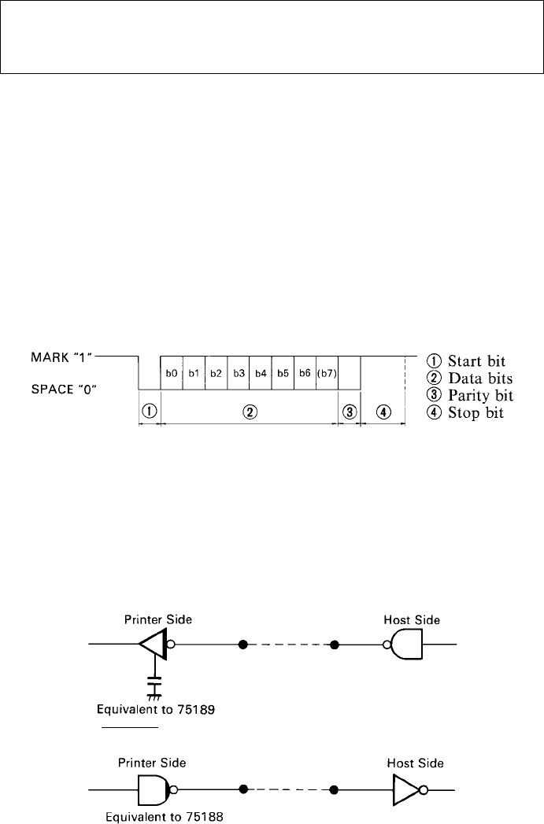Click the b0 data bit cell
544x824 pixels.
[x=172, y=373]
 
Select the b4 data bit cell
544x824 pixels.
[x=261, y=373]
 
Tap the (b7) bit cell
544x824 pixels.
[x=327, y=373]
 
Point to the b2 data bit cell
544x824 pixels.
[x=216, y=373]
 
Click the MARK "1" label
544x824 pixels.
[x=62, y=357]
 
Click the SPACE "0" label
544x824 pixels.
[x=64, y=390]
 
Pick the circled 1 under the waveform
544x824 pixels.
[x=150, y=411]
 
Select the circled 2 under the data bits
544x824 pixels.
[x=250, y=412]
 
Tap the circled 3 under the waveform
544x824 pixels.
[x=350, y=412]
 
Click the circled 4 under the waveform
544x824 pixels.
[x=384, y=412]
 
